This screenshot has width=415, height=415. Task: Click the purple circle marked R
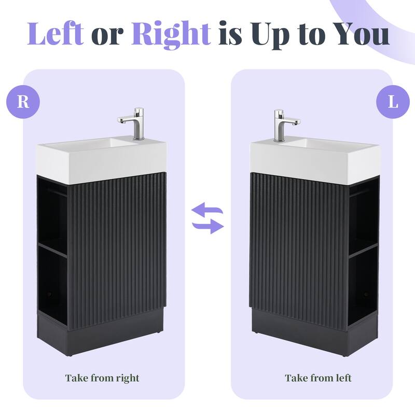point(23,101)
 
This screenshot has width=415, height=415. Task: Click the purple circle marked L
point(393,101)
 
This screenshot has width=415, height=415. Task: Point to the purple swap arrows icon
point(208,218)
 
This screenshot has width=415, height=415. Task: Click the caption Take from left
point(318,378)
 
